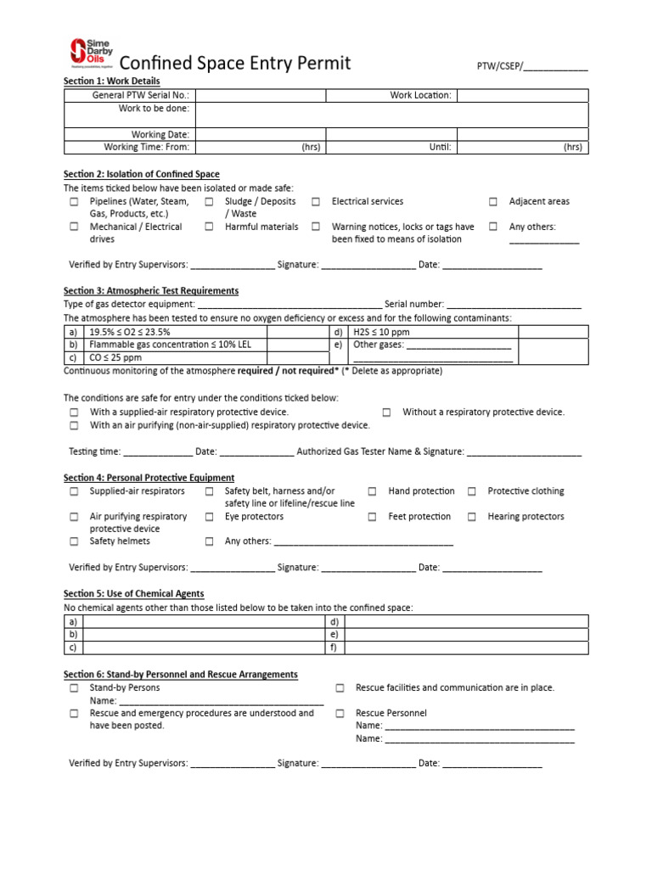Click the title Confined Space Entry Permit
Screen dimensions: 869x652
[x=235, y=64]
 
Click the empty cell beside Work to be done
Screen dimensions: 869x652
[x=391, y=115]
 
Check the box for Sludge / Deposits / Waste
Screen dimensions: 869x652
[x=209, y=202]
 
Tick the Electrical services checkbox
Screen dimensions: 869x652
[x=315, y=202]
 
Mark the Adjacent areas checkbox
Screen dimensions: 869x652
[x=492, y=202]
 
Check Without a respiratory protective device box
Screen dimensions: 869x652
[x=386, y=412]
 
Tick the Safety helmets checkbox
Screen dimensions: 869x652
[x=74, y=541]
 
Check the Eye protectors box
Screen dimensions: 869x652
[x=209, y=517]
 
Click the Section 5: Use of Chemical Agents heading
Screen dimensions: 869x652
[x=134, y=594]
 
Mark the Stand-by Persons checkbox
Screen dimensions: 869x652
[x=74, y=688]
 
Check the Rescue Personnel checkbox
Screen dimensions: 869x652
[x=340, y=714]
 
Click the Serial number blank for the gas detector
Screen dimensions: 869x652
[x=514, y=305]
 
